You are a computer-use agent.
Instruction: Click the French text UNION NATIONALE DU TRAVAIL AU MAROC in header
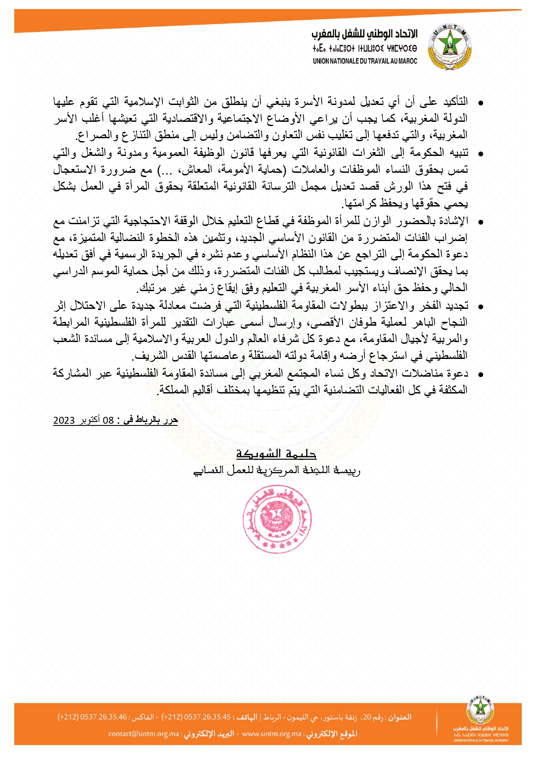point(365,61)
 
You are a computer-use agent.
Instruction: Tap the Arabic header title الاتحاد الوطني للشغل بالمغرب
point(365,34)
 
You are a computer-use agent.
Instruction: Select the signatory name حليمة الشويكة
point(276,454)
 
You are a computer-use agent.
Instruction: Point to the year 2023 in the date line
point(64,420)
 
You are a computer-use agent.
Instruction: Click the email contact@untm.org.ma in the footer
point(144,734)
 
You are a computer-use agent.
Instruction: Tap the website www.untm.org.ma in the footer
point(272,734)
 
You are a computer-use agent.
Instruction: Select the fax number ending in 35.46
point(92,717)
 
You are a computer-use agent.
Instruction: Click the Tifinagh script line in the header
point(365,48)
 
